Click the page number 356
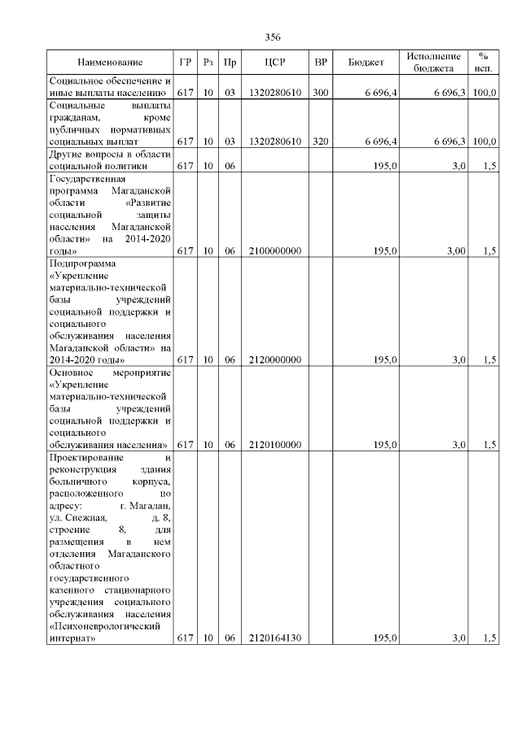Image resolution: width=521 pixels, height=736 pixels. pyautogui.click(x=273, y=37)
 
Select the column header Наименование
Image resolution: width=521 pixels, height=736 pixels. pyautogui.click(x=110, y=63)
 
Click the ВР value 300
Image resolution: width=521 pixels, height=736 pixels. pyautogui.click(x=320, y=94)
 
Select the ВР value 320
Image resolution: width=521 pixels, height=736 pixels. pyautogui.click(x=320, y=142)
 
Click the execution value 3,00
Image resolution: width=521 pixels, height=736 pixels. pyautogui.click(x=454, y=252)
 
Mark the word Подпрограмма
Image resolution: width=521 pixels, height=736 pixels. pyautogui.click(x=83, y=263)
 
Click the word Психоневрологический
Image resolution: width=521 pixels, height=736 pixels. pyautogui.click(x=101, y=626)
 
